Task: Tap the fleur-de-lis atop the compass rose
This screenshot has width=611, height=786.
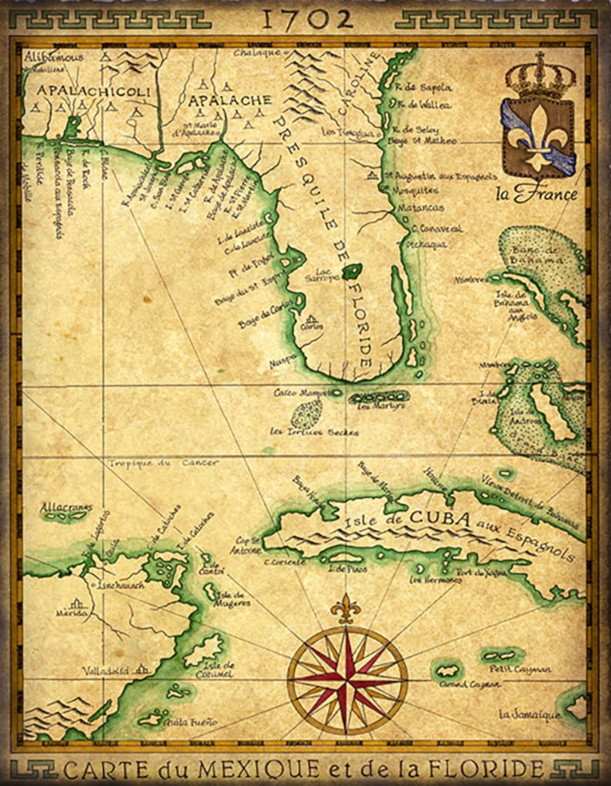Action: [346, 608]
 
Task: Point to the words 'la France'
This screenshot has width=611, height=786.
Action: [536, 194]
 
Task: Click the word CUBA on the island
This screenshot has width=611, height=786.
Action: [439, 518]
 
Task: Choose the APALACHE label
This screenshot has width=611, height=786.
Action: [230, 101]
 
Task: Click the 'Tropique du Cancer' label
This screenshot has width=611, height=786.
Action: [163, 463]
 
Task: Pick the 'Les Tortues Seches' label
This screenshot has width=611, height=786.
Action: [313, 433]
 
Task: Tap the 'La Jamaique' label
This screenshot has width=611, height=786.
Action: [529, 715]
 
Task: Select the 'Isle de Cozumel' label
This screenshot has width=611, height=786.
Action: [219, 670]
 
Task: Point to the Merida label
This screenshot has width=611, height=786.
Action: [72, 614]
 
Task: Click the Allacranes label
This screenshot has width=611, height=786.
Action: [66, 507]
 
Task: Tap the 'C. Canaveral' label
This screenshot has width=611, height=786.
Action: [438, 229]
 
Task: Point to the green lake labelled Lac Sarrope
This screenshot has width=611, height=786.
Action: [352, 271]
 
